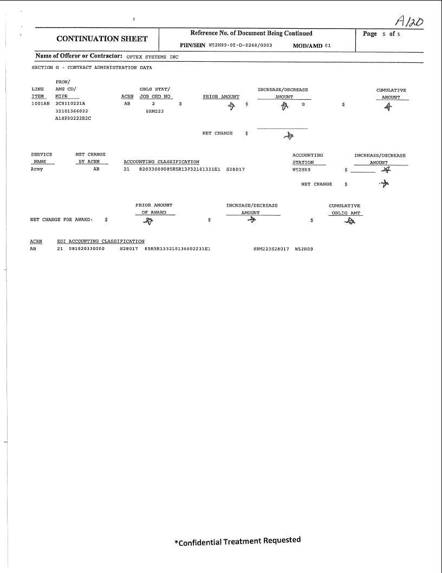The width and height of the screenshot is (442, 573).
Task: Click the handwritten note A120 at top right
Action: click(409, 21)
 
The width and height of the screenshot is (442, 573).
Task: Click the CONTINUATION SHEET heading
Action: click(102, 39)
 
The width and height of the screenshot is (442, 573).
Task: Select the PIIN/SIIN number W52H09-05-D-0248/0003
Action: click(240, 46)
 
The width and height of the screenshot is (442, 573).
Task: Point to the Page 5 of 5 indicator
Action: click(382, 34)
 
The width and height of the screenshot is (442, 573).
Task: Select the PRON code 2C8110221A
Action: click(70, 103)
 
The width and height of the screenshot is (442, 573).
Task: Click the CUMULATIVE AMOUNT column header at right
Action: click(391, 94)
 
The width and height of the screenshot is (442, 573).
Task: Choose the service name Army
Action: click(37, 169)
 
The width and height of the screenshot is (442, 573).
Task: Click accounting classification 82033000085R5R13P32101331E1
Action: click(180, 169)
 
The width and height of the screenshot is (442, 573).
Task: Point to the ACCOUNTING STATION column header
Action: click(308, 159)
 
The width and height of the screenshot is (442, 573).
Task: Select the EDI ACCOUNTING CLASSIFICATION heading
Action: click(101, 241)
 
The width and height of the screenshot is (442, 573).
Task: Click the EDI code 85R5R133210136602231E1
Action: click(177, 249)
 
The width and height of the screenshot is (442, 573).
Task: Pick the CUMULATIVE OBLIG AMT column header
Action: click(345, 209)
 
